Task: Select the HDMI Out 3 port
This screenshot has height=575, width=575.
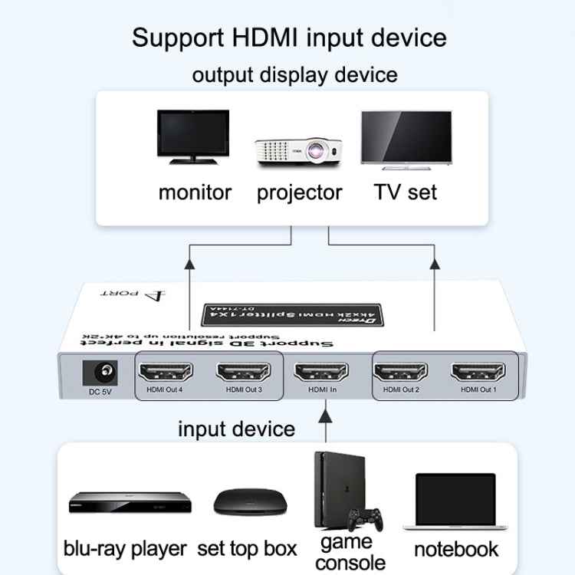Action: pyautogui.click(x=244, y=373)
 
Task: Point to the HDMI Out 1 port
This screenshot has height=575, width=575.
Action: pyautogui.click(x=478, y=373)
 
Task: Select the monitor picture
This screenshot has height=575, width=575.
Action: pyautogui.click(x=193, y=137)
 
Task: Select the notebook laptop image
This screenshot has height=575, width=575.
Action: pyautogui.click(x=455, y=502)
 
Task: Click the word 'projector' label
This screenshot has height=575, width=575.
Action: pyautogui.click(x=300, y=192)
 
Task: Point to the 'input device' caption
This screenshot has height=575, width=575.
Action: pyautogui.click(x=236, y=428)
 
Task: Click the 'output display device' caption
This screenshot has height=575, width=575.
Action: pyautogui.click(x=294, y=74)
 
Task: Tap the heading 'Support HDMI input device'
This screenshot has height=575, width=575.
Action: pyautogui.click(x=289, y=37)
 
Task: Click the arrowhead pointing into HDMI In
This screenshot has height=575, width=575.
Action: pyautogui.click(x=326, y=416)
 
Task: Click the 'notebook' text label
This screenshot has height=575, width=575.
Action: pyautogui.click(x=455, y=549)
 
